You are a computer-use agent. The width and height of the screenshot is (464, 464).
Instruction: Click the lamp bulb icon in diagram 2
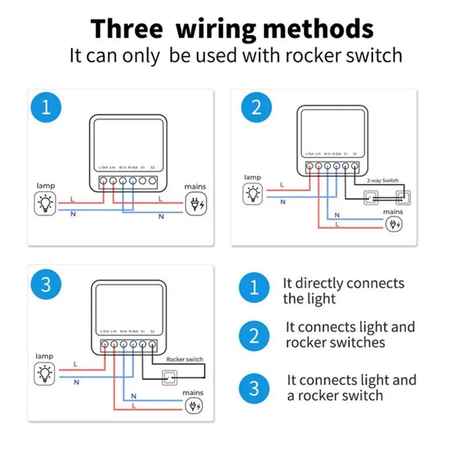tap(252, 193)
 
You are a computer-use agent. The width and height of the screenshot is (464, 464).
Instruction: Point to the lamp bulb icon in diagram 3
tap(45, 374)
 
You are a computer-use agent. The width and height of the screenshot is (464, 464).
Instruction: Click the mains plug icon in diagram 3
tap(193, 405)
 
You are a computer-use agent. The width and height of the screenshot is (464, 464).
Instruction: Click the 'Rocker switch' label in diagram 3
tap(184, 360)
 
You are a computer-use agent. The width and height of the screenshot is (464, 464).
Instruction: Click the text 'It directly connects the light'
tap(343, 291)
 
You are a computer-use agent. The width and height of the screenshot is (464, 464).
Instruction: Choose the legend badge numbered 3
tap(254, 389)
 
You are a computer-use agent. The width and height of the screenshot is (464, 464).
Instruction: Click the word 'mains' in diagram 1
tap(195, 187)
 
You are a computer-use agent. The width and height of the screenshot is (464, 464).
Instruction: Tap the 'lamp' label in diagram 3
tap(44, 356)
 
